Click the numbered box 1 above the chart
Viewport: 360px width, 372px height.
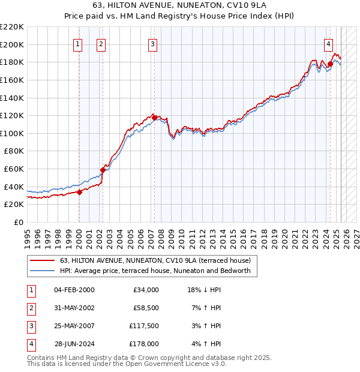(79, 43)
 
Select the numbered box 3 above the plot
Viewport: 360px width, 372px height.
(153, 43)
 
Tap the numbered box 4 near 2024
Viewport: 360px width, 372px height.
(329, 43)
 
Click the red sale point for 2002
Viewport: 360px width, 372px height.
(103, 170)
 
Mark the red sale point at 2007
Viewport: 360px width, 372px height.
(154, 118)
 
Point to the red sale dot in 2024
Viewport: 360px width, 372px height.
(330, 64)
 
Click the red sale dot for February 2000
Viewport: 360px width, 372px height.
(79, 192)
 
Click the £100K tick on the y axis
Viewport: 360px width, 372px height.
(12, 133)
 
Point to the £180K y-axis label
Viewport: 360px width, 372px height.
(12, 62)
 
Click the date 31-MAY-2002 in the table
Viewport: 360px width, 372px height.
(74, 308)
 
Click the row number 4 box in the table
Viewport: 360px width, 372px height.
(29, 344)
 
